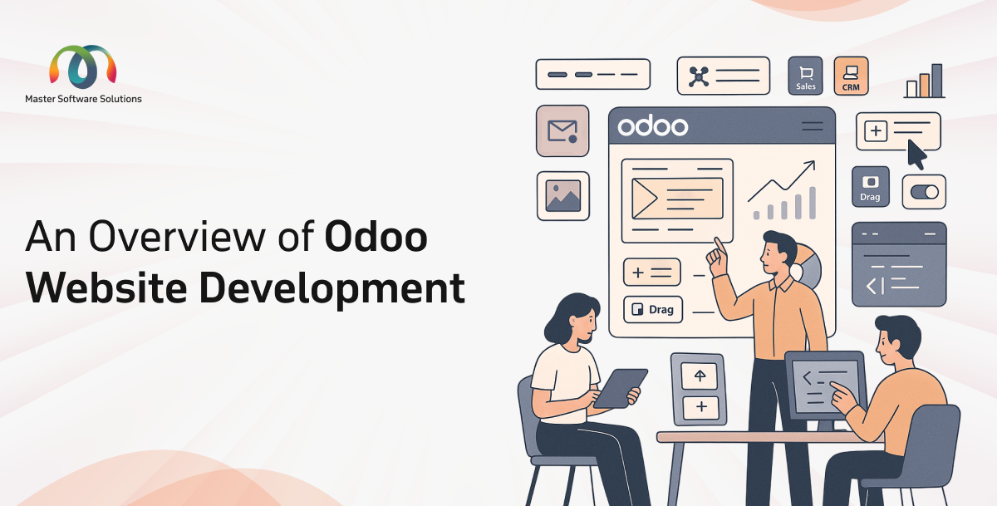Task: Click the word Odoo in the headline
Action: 376,238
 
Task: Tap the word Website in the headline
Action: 105,287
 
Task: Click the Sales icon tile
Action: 805,76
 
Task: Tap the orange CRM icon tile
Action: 851,76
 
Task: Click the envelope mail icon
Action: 562,131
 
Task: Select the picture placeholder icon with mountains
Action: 562,196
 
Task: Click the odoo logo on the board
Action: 653,126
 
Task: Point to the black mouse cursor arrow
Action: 916,154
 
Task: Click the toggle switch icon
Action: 924,192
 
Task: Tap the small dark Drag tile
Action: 871,186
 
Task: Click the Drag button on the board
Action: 653,310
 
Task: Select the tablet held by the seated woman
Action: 619,387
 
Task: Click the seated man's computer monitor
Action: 824,384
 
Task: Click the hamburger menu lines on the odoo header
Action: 812,126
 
